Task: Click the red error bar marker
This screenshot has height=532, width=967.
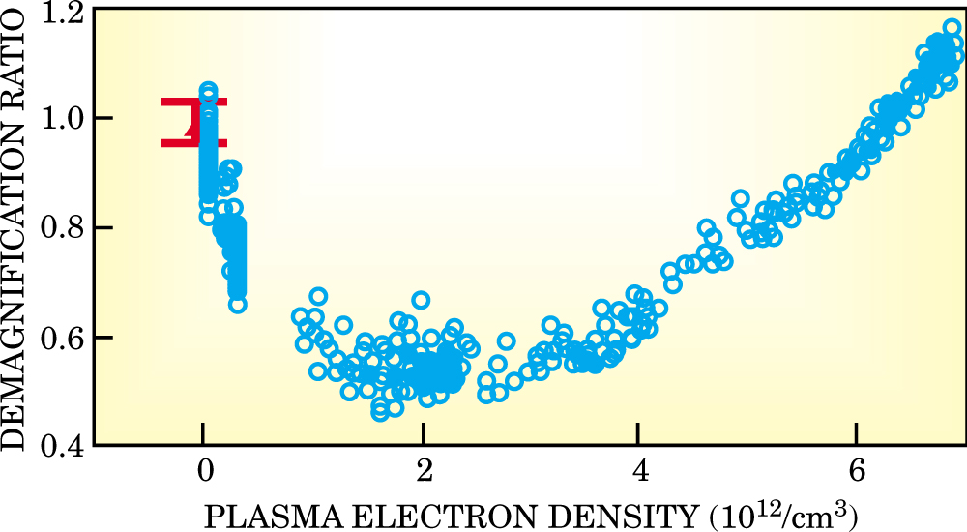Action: click(x=193, y=123)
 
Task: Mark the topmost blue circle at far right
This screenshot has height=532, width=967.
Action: click(x=952, y=28)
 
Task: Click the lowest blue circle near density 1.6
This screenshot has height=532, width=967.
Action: click(x=380, y=413)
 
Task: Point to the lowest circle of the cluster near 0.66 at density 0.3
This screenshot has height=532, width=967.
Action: click(x=237, y=304)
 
